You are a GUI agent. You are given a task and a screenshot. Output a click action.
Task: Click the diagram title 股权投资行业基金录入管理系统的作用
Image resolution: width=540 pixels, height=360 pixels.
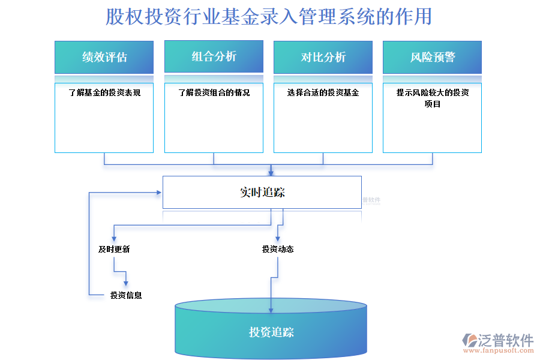(x=269, y=17)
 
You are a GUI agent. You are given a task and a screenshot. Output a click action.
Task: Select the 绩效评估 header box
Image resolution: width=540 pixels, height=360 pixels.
(x=104, y=57)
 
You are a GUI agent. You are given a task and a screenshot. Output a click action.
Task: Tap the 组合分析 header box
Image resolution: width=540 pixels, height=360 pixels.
(x=214, y=56)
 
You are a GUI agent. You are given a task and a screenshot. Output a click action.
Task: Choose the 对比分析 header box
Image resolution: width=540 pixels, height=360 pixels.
(x=323, y=57)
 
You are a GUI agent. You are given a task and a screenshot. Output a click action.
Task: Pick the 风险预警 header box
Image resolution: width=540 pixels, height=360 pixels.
(x=432, y=57)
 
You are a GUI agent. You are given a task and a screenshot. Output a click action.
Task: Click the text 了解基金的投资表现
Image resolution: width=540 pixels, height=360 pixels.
(x=104, y=93)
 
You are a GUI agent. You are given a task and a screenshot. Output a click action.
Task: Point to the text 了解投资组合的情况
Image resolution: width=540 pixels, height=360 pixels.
(x=214, y=93)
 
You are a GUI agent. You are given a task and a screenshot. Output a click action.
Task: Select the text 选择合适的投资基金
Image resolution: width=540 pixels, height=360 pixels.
(x=323, y=93)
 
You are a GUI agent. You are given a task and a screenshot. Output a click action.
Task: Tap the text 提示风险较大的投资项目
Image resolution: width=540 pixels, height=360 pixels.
(x=432, y=98)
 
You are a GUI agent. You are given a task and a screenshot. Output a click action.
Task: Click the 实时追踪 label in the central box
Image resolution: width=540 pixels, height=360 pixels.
(x=262, y=193)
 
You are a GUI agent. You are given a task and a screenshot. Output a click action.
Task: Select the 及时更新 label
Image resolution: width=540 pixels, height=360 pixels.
(x=114, y=249)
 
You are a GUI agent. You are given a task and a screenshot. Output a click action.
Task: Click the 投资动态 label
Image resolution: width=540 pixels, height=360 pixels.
(x=278, y=249)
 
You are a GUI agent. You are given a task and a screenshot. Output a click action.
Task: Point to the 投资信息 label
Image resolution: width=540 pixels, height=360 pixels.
(x=126, y=295)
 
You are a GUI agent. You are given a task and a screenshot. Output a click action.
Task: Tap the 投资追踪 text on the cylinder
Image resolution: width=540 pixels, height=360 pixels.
(x=271, y=332)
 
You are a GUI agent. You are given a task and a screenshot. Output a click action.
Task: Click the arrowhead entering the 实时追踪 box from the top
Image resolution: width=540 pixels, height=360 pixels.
(x=271, y=172)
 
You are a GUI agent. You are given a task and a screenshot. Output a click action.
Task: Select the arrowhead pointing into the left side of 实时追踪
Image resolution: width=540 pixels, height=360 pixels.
(x=159, y=193)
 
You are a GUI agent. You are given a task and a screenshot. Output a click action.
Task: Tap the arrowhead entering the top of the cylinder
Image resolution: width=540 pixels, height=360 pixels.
(x=271, y=309)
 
